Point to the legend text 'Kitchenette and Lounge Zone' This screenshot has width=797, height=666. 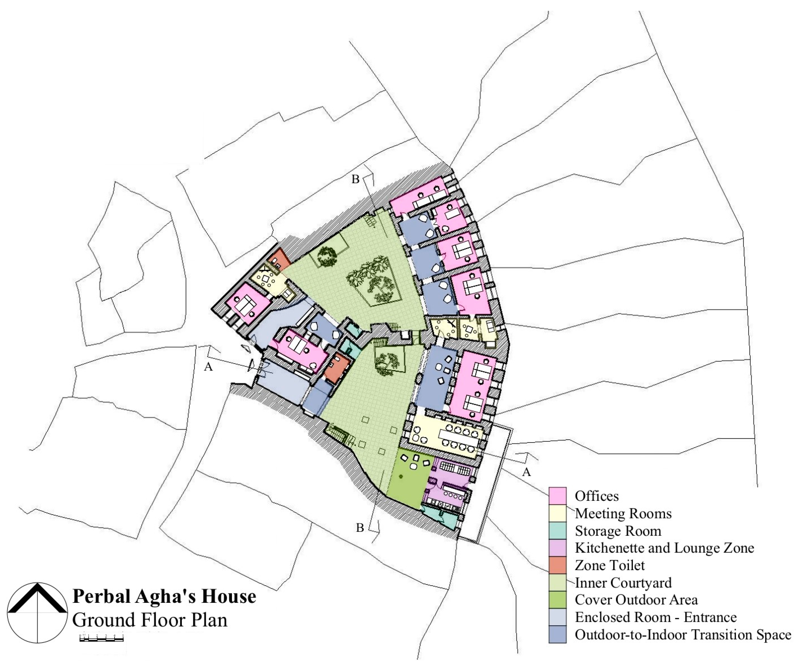[x=664, y=548]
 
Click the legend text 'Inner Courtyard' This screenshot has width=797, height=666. [x=623, y=582]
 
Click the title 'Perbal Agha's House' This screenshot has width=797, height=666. [x=164, y=596]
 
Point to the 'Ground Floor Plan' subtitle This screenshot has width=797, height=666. [x=150, y=620]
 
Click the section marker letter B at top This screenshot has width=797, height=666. [x=355, y=179]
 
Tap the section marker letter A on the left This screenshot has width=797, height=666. [x=208, y=367]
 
